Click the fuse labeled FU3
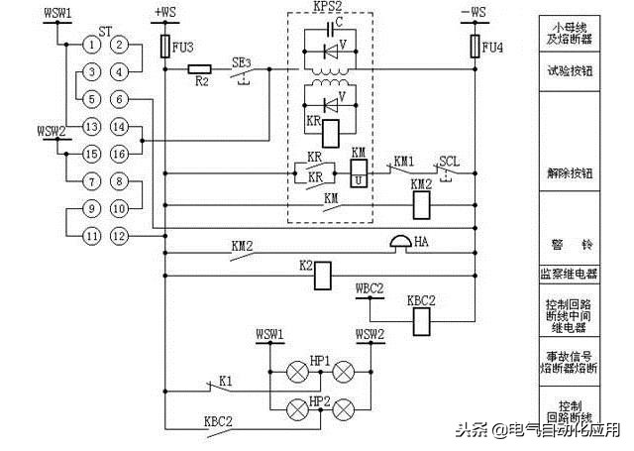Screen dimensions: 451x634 (x=165, y=46)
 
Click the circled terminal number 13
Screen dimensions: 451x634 (x=91, y=126)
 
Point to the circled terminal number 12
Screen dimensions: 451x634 (x=119, y=236)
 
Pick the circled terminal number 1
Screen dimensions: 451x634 (x=91, y=45)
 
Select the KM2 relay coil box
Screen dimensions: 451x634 (x=421, y=203)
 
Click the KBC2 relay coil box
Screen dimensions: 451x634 (x=421, y=319)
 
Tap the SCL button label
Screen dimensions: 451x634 (x=450, y=161)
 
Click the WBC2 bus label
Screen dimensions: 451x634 (x=369, y=288)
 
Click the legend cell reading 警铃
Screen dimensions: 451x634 (x=577, y=244)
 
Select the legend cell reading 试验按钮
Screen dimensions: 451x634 (x=577, y=71)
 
